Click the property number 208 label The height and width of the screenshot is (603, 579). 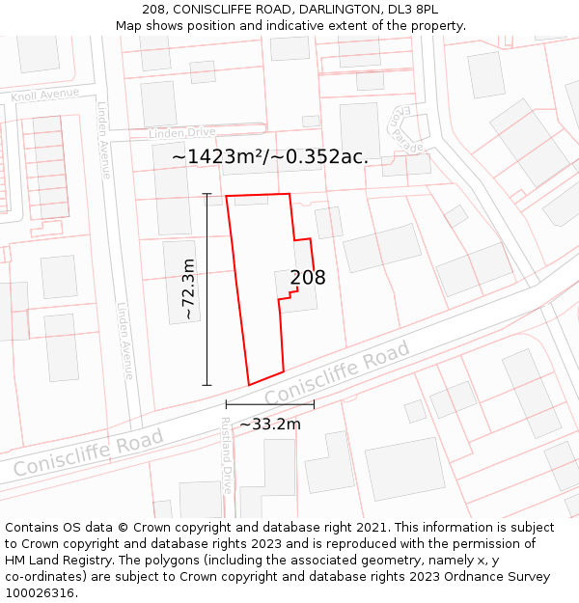click(308, 278)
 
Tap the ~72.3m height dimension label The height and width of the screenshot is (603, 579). click(189, 289)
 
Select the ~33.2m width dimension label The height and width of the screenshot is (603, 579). click(270, 424)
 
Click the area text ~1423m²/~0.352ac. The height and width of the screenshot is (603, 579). click(270, 156)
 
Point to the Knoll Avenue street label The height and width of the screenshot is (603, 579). click(44, 95)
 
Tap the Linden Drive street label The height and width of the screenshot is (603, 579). click(181, 132)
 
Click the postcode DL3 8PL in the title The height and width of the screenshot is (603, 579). click(412, 10)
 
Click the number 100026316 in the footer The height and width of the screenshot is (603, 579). click(39, 592)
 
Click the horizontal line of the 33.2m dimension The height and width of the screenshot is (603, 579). click(270, 404)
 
